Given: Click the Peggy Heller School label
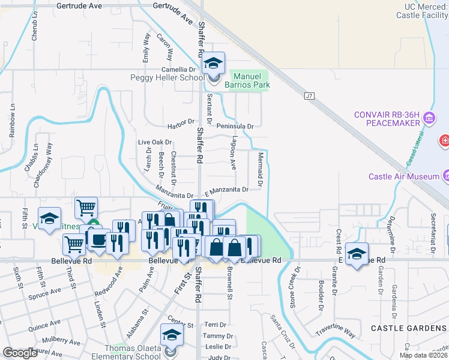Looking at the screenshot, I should (167, 78).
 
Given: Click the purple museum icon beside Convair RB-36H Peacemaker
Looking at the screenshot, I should (429, 119).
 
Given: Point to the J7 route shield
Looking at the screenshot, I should (309, 95).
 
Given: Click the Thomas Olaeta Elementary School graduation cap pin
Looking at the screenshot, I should (172, 335).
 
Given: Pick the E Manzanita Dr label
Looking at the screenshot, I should (226, 190).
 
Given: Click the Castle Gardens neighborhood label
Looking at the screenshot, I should (409, 328).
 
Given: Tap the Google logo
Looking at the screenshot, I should (20, 353).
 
